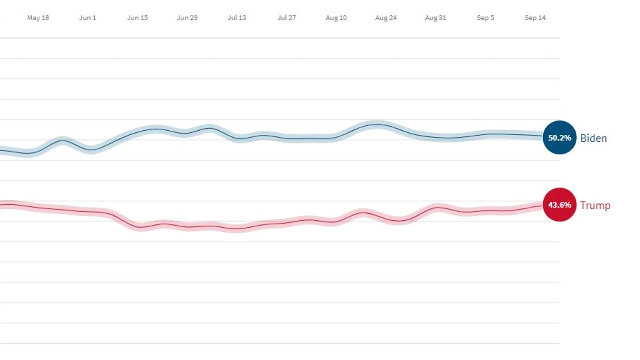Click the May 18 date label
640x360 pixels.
point(38,18)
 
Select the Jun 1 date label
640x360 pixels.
point(88,18)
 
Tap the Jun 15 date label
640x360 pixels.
point(137,18)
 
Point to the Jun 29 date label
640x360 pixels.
point(187,18)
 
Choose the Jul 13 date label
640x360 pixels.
point(237,18)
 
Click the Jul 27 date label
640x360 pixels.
point(287,18)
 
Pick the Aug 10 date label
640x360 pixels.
point(336,18)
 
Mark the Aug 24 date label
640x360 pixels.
point(386,18)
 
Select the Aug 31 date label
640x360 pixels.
point(436,18)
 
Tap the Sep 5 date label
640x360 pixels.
point(485,18)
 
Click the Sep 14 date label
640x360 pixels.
point(535,18)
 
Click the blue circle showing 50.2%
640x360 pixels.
point(559,137)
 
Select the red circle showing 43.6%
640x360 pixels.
point(559,205)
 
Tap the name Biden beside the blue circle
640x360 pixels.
point(594,138)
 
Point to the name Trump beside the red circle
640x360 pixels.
point(595,205)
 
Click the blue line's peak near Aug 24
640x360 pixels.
point(377,125)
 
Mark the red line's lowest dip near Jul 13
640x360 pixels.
point(237,229)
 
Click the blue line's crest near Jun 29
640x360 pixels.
point(210,128)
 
